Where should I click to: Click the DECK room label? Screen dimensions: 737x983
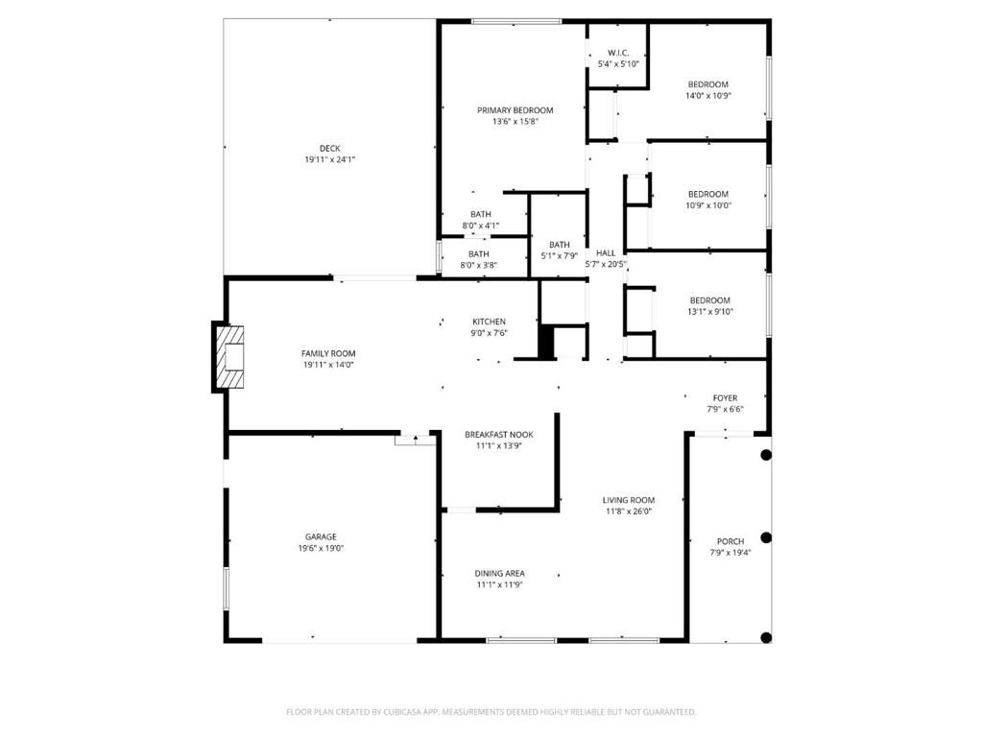(329, 148)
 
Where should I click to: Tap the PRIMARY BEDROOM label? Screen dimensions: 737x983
(515, 110)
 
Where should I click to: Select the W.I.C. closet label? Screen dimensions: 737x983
(618, 53)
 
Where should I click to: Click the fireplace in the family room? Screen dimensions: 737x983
(228, 358)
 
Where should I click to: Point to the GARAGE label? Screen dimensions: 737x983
(321, 536)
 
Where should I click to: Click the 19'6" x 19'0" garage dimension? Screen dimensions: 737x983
(321, 548)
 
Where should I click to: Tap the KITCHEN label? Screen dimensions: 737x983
(489, 321)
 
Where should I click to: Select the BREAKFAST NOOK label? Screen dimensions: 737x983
(498, 435)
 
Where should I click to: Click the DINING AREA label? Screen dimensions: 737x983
(500, 573)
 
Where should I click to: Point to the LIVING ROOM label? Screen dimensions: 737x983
(629, 500)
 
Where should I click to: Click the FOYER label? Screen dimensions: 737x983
(725, 398)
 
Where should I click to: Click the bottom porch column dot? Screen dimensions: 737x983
(766, 637)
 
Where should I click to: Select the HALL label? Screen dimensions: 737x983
(606, 253)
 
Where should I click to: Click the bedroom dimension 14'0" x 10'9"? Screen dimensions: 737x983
(707, 95)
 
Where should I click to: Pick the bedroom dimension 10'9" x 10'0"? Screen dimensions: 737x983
(707, 204)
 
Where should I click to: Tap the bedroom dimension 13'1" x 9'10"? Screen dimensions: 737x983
(709, 311)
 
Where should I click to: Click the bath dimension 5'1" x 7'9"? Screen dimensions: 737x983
(559, 255)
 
